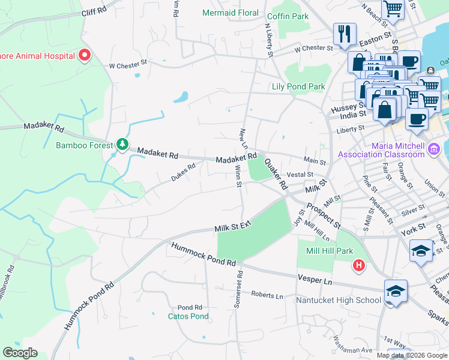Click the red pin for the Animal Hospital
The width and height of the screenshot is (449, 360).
[x=85, y=55]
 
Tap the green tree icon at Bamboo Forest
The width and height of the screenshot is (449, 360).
[x=122, y=144]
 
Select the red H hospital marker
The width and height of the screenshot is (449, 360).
[x=359, y=264]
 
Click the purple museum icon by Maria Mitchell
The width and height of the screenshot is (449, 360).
[x=434, y=149]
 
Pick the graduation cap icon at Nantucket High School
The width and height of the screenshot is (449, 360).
[x=396, y=291]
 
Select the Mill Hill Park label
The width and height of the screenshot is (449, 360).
[x=329, y=251]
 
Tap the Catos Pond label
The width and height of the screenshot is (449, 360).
[x=188, y=316]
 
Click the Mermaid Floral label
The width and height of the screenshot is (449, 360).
[x=231, y=13]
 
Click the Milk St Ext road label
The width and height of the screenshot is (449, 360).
[x=232, y=226]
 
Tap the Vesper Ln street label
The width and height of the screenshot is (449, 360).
[x=315, y=280]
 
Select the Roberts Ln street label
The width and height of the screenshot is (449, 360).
[x=267, y=295]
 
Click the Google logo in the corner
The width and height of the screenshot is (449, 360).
[x=20, y=353]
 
